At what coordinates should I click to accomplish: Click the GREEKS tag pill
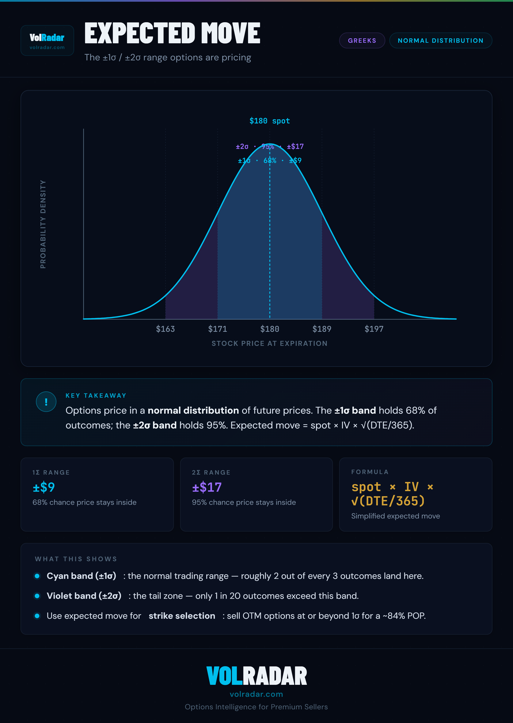click(362, 40)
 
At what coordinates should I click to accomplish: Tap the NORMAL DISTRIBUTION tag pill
click(440, 40)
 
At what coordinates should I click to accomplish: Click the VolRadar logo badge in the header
click(47, 40)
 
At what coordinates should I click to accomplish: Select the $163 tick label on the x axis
click(165, 329)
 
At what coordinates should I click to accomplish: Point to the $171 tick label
click(217, 329)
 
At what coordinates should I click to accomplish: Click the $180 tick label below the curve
click(269, 329)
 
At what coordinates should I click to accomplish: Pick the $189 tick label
click(321, 329)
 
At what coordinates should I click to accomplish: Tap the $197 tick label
click(374, 329)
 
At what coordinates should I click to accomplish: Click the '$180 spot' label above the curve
click(269, 121)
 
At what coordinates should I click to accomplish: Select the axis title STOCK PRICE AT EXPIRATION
click(269, 344)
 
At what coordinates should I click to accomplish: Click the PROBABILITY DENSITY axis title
click(43, 224)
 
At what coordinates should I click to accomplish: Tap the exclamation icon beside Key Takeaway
click(46, 402)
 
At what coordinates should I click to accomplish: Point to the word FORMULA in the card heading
click(370, 472)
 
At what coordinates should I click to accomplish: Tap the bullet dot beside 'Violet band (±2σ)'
click(37, 596)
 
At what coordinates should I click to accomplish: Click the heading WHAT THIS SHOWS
click(76, 559)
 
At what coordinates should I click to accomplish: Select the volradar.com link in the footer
click(256, 694)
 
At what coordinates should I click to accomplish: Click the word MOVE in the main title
click(231, 33)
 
